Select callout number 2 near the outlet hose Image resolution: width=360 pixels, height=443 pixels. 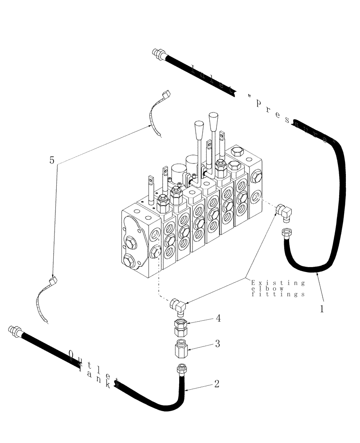tap(216, 384)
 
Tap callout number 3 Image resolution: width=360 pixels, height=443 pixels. tap(217, 343)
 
